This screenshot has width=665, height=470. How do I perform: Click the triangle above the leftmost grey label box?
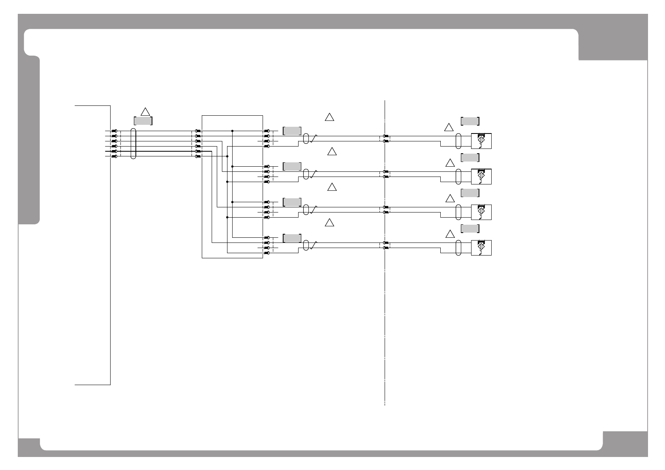pos(145,111)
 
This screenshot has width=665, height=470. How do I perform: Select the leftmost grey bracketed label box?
pos(143,121)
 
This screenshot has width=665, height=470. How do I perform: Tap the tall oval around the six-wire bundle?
pos(133,143)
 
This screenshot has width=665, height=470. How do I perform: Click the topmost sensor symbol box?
pos(481,141)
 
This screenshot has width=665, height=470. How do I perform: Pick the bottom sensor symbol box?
pos(481,248)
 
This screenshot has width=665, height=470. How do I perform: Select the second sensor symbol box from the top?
pos(481,176)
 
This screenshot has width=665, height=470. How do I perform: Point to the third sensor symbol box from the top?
pos(481,212)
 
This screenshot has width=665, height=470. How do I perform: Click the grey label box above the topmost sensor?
pos(470,121)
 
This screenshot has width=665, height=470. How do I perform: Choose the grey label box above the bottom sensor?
pos(470,229)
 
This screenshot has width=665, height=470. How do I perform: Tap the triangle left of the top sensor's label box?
pos(449,127)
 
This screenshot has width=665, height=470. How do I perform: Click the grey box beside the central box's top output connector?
pos(292,131)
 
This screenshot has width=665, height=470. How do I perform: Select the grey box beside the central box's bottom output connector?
pos(292,238)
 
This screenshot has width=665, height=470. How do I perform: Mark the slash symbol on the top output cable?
pos(314,138)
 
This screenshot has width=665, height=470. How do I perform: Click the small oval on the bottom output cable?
pos(306,245)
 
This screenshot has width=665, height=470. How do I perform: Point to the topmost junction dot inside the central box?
pos(232,131)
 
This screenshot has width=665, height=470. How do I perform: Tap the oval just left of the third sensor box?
pos(458,212)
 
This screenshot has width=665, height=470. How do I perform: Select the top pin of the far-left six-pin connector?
pos(115,131)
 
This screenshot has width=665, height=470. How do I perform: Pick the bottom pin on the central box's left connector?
pos(198,156)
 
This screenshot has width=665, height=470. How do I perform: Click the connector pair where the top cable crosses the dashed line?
pos(386,138)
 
